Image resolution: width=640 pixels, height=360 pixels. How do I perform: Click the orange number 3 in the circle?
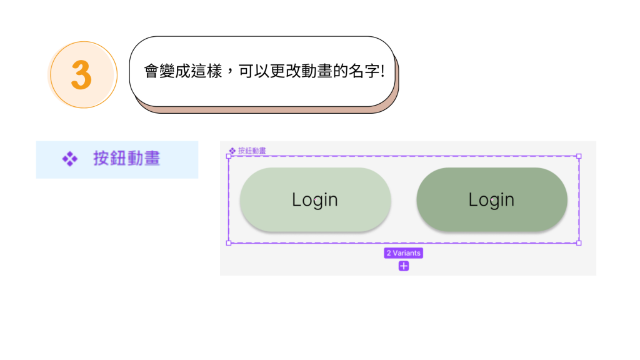(x=82, y=75)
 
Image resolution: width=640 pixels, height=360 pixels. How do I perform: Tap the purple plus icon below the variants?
(x=404, y=266)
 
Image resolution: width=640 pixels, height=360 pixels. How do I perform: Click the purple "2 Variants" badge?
(x=404, y=253)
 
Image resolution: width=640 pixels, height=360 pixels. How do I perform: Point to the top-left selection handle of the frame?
(x=228, y=156)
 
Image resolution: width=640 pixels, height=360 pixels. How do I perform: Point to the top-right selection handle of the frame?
(x=579, y=156)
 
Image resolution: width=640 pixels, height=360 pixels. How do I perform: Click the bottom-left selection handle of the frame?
(x=228, y=242)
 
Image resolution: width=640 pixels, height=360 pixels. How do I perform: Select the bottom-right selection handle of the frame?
(x=579, y=242)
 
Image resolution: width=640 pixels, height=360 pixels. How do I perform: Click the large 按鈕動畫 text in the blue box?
(x=127, y=159)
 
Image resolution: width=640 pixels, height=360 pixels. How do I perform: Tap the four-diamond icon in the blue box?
(x=69, y=159)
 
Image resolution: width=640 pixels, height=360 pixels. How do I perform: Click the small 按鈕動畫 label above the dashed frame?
(x=252, y=151)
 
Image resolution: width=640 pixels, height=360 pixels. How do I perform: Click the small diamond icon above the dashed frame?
(x=232, y=151)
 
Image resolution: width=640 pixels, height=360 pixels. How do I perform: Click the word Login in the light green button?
(x=315, y=200)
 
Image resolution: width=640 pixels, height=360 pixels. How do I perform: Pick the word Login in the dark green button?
(x=491, y=200)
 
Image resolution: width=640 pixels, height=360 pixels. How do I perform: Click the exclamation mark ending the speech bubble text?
(x=382, y=71)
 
